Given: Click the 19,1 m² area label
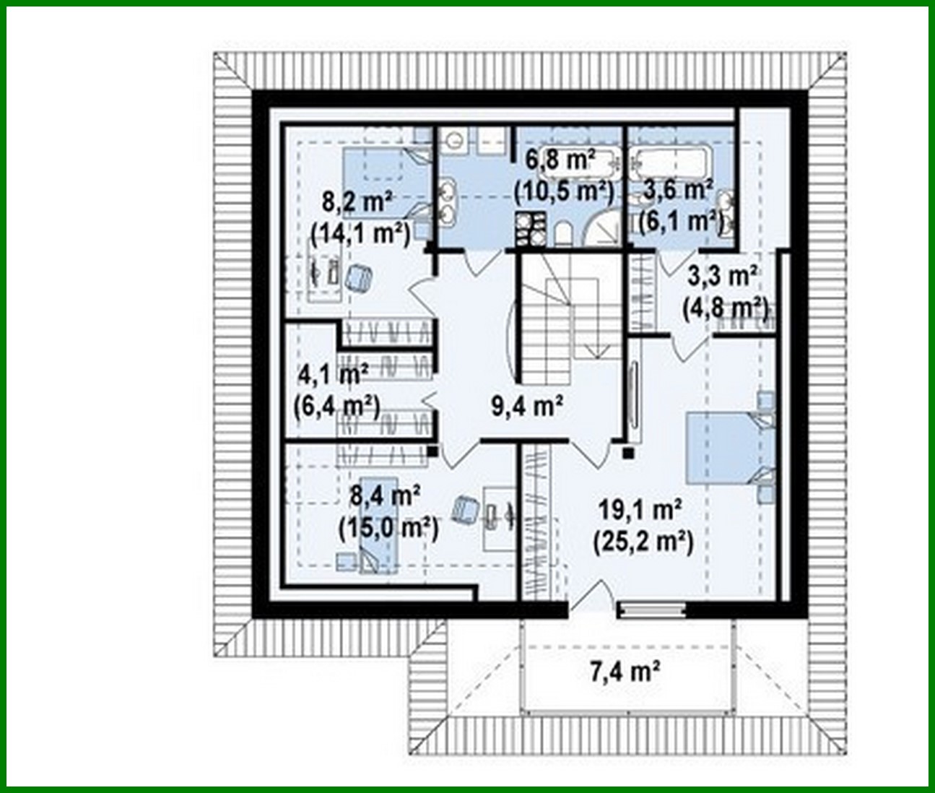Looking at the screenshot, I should (x=641, y=511).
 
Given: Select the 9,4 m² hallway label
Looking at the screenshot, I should (x=527, y=407).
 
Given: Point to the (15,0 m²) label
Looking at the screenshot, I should (x=388, y=528).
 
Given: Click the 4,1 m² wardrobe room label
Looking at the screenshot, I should (x=333, y=375).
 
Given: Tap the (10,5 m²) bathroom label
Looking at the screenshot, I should (x=563, y=191).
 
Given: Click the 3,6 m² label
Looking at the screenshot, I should (x=678, y=190).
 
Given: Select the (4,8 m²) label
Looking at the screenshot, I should (x=725, y=308).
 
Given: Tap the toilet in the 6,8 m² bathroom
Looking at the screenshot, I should (x=563, y=232).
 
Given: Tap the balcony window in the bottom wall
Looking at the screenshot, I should (x=652, y=611).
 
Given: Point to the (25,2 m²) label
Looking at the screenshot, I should (x=643, y=541).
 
